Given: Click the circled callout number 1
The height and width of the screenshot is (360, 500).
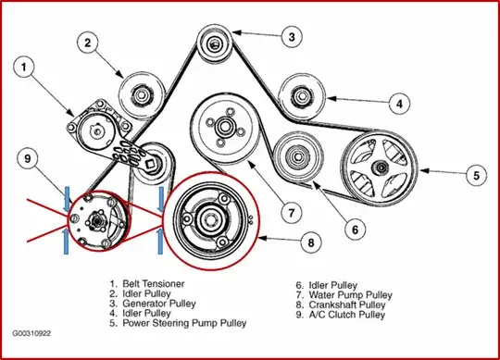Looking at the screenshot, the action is (x=24, y=68).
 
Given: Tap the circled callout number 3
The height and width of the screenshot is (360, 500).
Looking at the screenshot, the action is (x=292, y=37).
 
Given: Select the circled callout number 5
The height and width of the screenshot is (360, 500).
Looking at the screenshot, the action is (x=476, y=175).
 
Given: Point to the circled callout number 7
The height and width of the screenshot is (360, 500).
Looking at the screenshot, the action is (x=292, y=213).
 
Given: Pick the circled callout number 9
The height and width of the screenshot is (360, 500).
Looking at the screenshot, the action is (x=28, y=158).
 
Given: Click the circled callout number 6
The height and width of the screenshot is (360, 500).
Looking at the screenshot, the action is (x=356, y=230).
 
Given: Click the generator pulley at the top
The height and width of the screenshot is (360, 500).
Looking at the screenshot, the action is (x=214, y=43).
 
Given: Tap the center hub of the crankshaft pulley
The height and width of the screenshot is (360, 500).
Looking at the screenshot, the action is (x=211, y=220).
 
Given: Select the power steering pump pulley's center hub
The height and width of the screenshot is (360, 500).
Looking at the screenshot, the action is (x=381, y=167).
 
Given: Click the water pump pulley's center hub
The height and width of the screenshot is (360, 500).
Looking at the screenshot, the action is (x=225, y=127).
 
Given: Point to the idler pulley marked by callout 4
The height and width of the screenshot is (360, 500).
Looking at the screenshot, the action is (x=301, y=96).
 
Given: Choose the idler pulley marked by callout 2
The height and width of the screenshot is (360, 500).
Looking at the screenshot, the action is (x=142, y=94).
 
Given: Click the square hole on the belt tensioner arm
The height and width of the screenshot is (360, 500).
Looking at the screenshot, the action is (x=150, y=165).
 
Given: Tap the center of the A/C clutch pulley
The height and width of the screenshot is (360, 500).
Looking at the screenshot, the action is (x=96, y=220).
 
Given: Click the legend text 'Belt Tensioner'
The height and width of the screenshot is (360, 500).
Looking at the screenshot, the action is (x=154, y=283).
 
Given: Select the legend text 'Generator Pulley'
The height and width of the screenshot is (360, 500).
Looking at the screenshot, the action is (x=159, y=304).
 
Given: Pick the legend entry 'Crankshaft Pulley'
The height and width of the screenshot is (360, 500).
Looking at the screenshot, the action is (x=347, y=304).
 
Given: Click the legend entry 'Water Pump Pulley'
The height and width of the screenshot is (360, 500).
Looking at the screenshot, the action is (x=350, y=295).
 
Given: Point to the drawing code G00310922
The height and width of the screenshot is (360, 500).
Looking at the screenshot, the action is (x=31, y=333).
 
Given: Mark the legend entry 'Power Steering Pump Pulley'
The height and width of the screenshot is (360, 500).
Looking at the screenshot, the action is (x=184, y=323).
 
